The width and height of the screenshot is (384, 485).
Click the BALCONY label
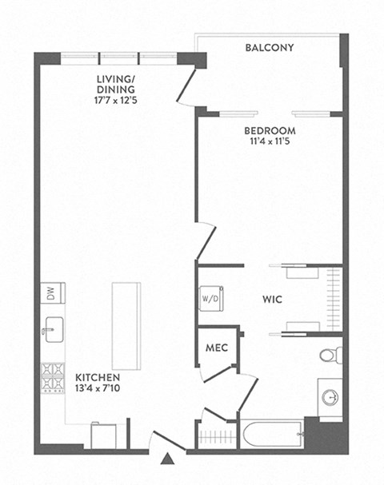click(270, 48)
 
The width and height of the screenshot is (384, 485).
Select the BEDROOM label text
click(270, 131)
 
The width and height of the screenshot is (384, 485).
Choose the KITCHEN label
click(98, 376)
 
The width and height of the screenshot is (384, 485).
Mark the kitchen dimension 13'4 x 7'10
click(98, 390)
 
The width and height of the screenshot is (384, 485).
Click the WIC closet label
click(271, 301)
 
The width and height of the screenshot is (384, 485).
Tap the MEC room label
click(216, 348)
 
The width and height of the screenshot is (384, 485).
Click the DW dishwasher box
click(50, 295)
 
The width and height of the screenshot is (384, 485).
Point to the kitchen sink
click(52, 328)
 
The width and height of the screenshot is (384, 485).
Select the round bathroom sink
click(329, 396)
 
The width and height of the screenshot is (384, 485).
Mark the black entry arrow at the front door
click(166, 459)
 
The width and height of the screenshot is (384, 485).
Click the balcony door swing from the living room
click(188, 86)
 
